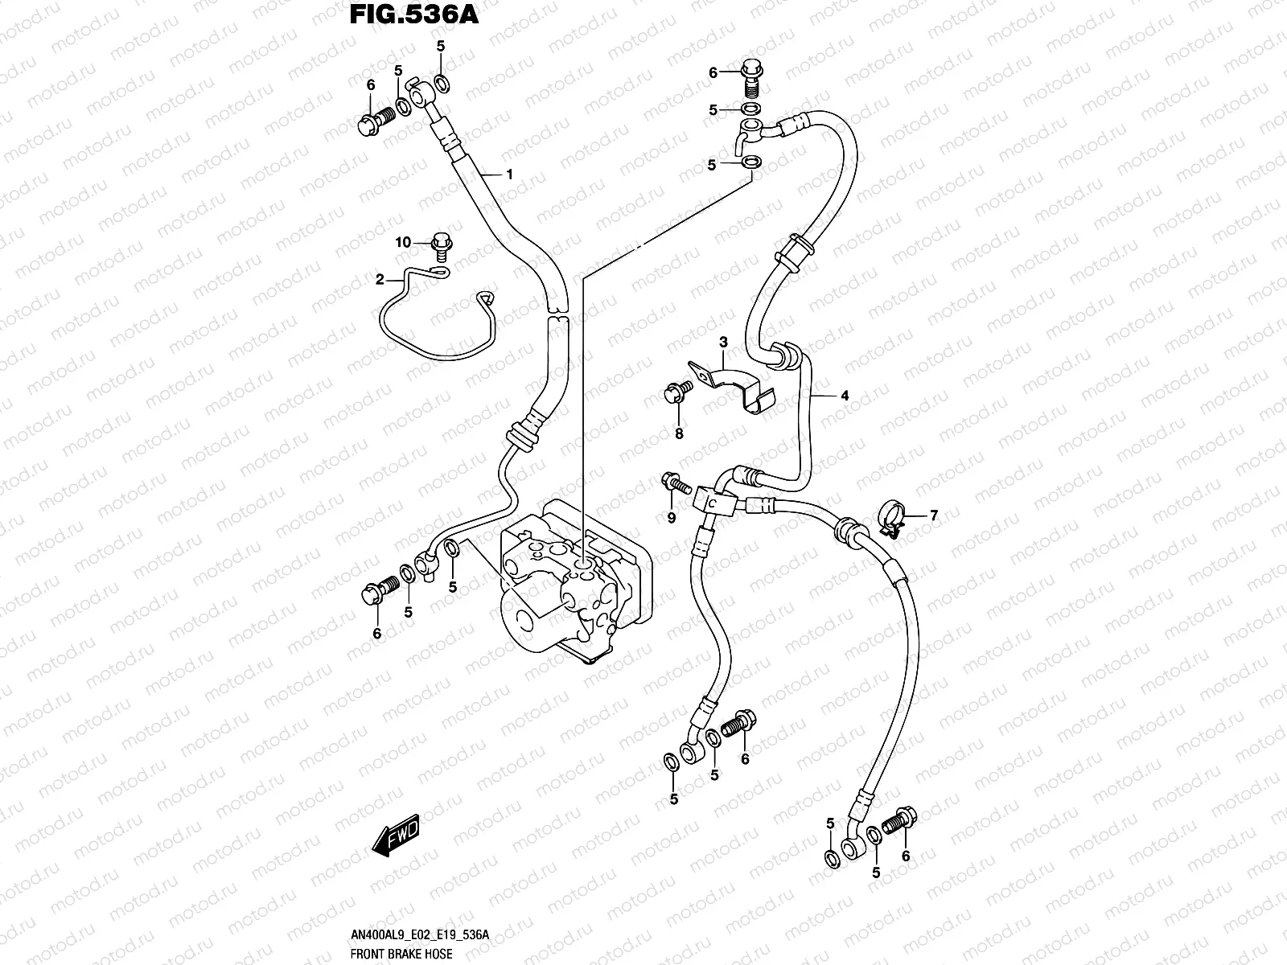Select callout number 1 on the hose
509,174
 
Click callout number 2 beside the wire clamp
380,279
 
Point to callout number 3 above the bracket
723,343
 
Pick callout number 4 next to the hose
845,395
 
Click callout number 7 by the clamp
934,515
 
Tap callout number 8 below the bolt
679,433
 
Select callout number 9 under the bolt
672,519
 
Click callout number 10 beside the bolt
402,242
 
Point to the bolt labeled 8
676,392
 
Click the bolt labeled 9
673,484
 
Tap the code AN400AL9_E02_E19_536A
419,934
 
